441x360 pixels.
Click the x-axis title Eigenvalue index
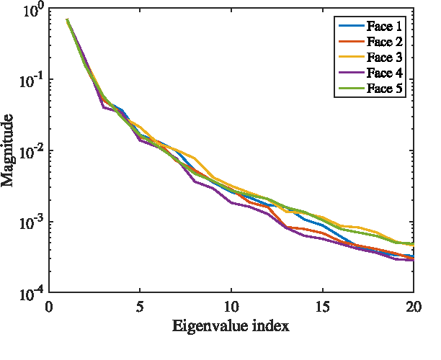click(x=231, y=326)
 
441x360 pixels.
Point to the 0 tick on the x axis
click(x=49, y=306)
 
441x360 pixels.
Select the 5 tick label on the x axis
click(x=140, y=306)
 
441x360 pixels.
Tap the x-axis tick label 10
click(x=231, y=306)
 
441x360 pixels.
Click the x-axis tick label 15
click(x=322, y=306)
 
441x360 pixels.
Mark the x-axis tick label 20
click(x=413, y=306)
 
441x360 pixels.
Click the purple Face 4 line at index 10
click(x=231, y=203)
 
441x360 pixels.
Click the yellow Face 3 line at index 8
click(x=195, y=158)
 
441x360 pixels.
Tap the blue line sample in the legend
click(x=351, y=27)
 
